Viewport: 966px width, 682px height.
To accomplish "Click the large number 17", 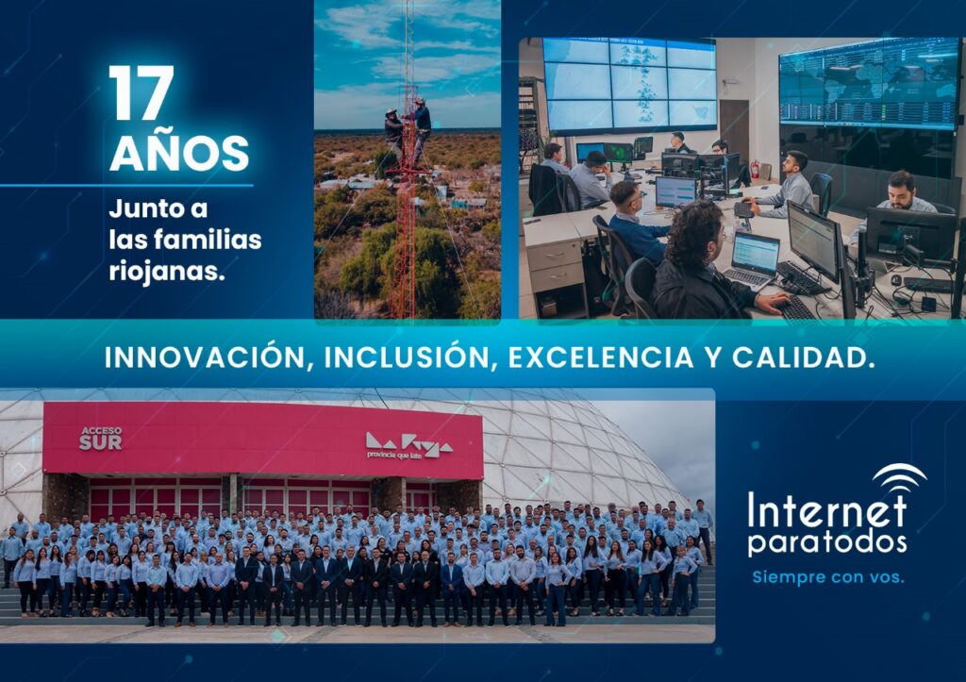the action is [142, 92].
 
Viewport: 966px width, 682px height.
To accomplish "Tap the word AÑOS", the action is [179, 153].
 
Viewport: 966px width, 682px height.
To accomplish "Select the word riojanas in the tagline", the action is [166, 271].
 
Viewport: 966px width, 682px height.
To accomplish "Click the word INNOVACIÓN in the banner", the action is [205, 358].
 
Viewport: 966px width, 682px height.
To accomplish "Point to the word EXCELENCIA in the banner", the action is [601, 358].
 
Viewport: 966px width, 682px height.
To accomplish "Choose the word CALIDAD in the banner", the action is [804, 358].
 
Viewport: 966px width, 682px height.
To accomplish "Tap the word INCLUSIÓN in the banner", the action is [408, 358].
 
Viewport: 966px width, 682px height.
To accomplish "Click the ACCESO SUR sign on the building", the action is [100, 438].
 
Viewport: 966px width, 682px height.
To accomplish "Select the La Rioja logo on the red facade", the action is [409, 446].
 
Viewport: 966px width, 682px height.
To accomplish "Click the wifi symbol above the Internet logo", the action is [899, 475].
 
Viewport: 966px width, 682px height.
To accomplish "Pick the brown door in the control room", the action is [734, 130].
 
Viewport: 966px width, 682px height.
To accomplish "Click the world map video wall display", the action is [869, 84].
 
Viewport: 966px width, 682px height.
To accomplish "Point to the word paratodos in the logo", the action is [827, 543].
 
